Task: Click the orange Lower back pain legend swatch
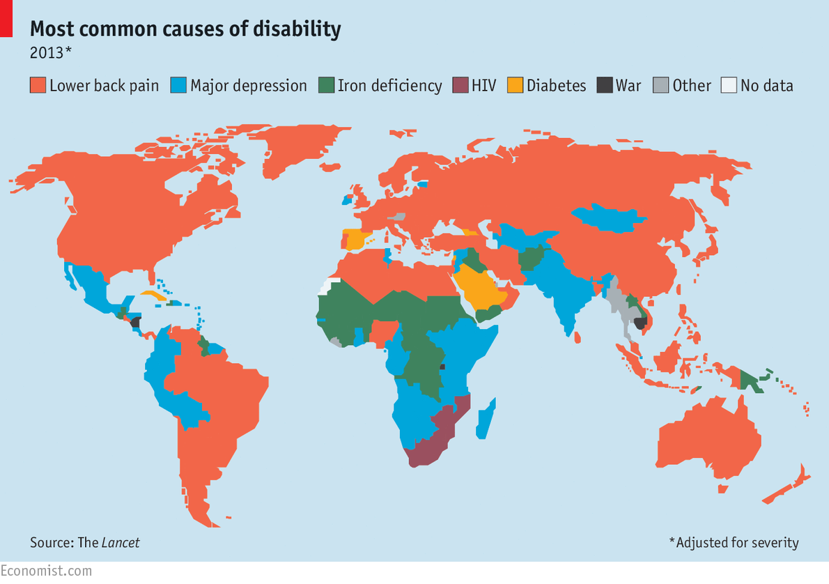coord(38,85)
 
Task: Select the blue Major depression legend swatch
coord(178,85)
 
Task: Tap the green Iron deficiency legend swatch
coord(326,85)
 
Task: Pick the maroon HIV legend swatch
coord(460,85)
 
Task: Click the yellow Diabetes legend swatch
coord(515,85)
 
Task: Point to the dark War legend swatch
coord(604,85)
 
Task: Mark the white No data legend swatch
coord(729,85)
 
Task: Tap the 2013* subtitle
coord(50,52)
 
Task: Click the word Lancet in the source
coord(121,542)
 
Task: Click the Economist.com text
coord(46,571)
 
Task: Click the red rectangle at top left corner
coord(6,18)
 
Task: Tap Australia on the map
coord(704,439)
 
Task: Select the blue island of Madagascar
coord(486,418)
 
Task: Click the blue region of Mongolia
coord(606,217)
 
